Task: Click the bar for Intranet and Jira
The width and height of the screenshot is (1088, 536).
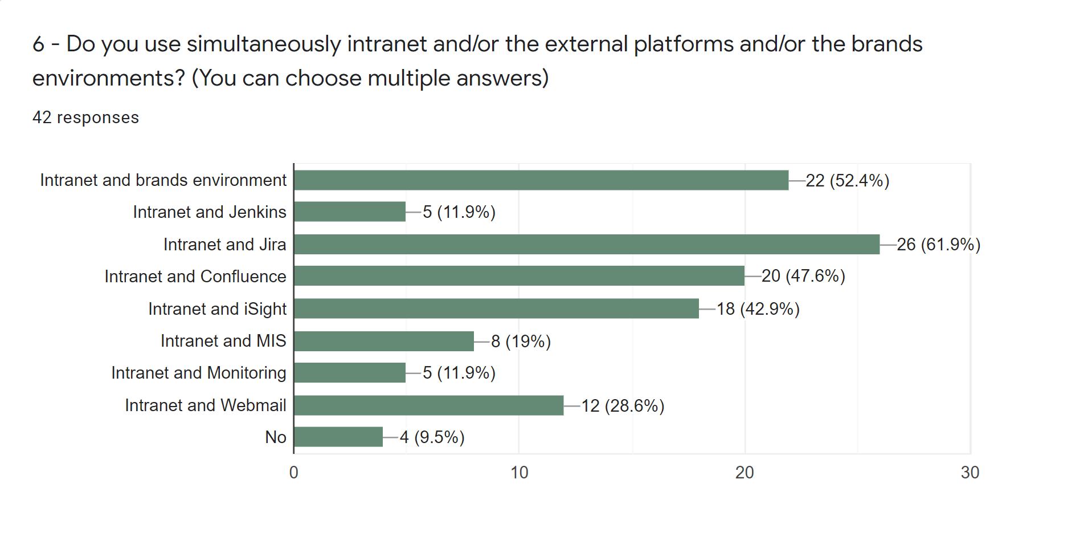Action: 587,244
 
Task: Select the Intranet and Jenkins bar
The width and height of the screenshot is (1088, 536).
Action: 350,212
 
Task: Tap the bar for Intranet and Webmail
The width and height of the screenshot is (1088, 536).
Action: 428,405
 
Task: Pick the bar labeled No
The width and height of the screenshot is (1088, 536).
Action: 338,437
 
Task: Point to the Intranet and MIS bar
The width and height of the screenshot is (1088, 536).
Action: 384,341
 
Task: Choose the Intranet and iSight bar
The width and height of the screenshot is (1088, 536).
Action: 496,308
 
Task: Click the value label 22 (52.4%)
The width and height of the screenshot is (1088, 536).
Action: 847,181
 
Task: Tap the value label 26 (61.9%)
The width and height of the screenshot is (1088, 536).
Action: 938,245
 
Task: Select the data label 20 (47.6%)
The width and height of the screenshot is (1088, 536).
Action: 803,276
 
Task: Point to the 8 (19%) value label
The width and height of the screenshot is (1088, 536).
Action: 521,342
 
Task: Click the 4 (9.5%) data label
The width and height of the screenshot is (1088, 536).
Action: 432,437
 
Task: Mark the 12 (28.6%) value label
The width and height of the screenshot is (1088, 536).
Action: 623,406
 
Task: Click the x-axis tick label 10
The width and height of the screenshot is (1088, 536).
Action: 519,473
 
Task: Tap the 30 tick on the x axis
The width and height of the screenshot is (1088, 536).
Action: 970,473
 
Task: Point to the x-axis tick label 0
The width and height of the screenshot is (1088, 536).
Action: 293,473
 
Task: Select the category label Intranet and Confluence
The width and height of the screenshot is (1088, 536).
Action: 195,277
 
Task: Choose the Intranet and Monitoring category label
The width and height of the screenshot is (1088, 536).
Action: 198,373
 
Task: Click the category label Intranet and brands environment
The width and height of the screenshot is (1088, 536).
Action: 163,180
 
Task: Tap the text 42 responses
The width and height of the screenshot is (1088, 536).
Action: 85,117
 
